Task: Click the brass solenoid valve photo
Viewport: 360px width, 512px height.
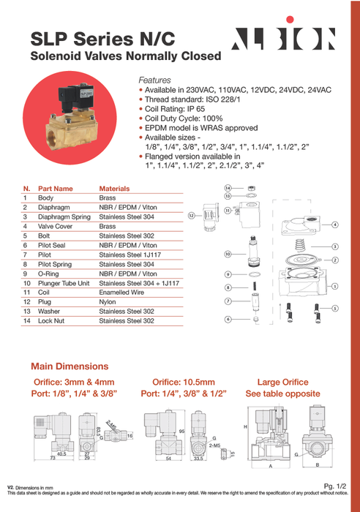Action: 62,117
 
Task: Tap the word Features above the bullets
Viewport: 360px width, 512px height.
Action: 154,80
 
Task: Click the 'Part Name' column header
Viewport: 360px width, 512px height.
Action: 56,188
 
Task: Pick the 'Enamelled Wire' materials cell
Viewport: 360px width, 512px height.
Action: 122,291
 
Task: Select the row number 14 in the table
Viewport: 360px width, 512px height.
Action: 26,320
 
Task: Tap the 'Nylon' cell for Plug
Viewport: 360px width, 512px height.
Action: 108,301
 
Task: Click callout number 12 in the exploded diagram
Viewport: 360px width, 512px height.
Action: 191,216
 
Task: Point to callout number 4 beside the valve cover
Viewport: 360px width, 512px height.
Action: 334,225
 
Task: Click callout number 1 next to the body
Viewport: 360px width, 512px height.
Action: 334,286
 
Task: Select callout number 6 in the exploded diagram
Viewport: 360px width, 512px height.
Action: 228,319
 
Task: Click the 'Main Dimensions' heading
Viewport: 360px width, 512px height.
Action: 70,366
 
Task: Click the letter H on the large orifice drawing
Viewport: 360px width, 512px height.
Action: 246,426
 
